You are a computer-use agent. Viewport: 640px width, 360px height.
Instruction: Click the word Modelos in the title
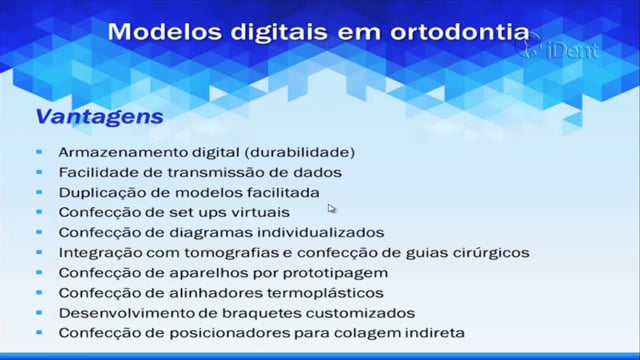166,31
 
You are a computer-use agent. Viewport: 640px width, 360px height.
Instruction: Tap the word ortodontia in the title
460,32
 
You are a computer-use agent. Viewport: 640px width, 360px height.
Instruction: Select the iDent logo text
572,51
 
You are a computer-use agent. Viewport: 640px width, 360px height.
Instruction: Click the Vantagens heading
100,117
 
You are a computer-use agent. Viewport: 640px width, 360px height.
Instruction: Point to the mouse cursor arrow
331,209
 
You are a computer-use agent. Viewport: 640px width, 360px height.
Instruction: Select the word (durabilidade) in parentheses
300,153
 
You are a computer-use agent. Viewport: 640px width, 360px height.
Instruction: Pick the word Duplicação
102,193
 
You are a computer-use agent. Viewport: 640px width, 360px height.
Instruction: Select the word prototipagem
335,273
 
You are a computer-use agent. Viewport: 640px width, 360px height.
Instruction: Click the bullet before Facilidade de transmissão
39,172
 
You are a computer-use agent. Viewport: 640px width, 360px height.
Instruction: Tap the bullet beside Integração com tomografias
39,252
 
